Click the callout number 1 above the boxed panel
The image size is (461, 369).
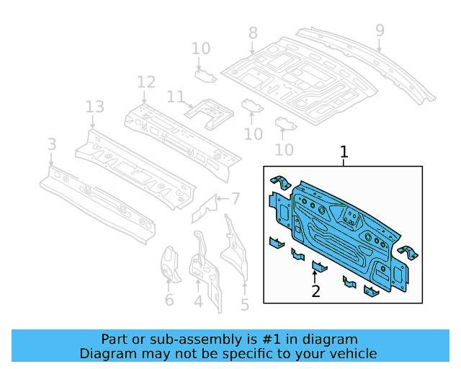point(344,152)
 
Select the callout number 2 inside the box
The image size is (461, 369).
point(315,291)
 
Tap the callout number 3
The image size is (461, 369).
point(51,145)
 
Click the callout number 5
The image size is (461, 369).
point(245,305)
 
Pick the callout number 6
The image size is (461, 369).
point(169,300)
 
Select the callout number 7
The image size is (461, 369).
point(236,198)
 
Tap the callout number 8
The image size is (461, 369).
point(253,32)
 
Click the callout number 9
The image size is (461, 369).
point(380,30)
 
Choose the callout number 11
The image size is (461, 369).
point(176,97)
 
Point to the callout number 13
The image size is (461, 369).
point(95,107)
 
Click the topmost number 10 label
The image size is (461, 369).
point(201,48)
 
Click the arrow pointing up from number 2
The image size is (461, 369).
point(315,277)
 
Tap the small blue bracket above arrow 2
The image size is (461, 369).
point(319,267)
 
